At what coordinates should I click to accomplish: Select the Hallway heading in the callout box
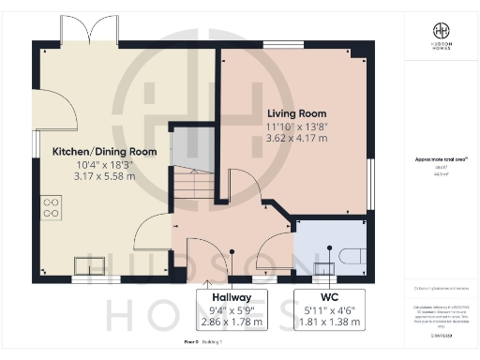(x=231, y=297)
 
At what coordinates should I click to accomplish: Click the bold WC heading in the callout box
(x=329, y=297)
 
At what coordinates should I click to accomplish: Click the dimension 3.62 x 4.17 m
(x=296, y=137)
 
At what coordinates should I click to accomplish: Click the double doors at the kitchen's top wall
(x=90, y=31)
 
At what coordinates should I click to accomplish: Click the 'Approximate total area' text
(x=441, y=160)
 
